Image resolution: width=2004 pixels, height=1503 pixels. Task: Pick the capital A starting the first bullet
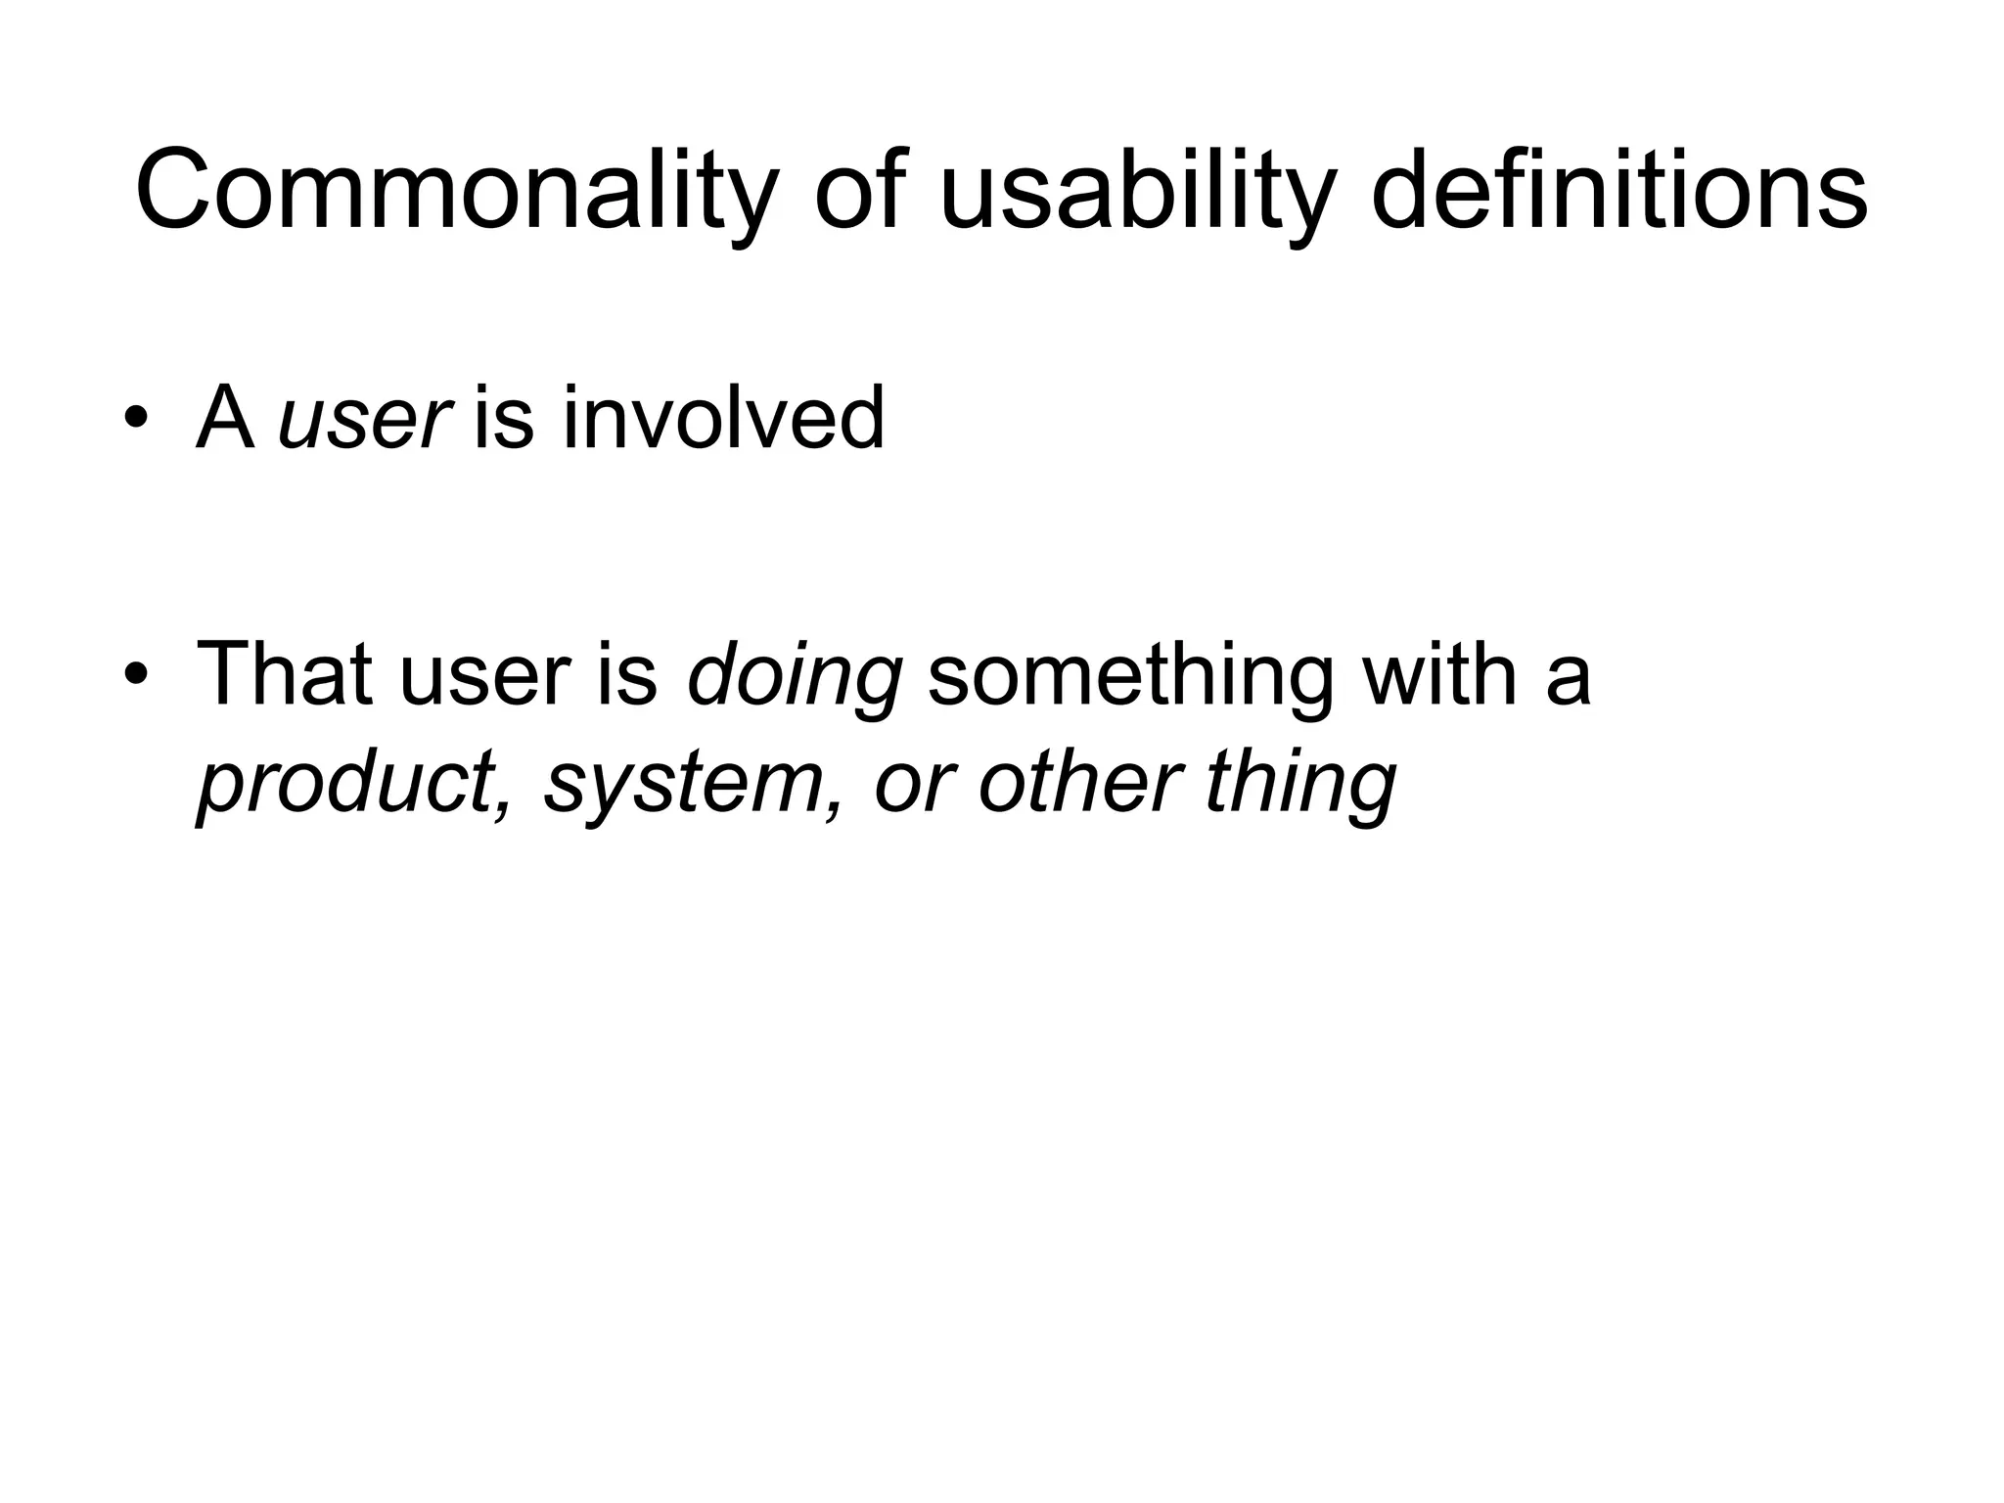[225, 418]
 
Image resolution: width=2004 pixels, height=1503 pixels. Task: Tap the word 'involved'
[723, 418]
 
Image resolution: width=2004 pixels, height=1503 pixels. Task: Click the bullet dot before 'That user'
[136, 675]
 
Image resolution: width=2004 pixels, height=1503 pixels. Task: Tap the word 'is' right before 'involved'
[503, 418]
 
